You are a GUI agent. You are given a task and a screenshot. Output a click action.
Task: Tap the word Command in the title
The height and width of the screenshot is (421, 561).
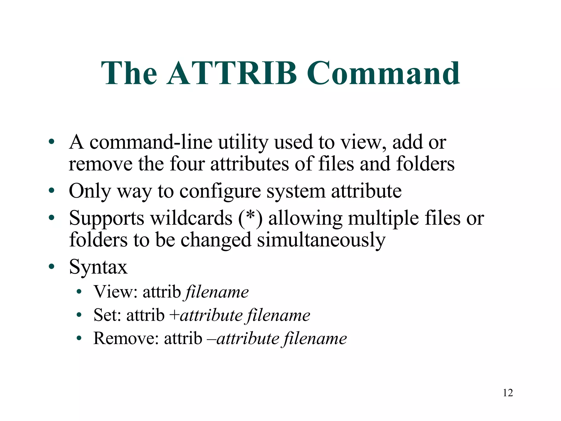click(x=383, y=73)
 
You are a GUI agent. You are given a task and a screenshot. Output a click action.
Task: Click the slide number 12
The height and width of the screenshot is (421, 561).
click(x=508, y=393)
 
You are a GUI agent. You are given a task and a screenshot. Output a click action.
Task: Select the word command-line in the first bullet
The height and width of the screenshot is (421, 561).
click(x=151, y=143)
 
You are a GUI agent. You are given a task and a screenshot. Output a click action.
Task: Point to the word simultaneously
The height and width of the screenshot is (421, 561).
click(x=321, y=240)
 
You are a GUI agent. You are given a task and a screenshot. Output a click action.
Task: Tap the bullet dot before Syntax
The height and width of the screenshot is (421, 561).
click(x=51, y=266)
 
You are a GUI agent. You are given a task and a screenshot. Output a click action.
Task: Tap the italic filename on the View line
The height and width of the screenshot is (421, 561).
click(x=217, y=292)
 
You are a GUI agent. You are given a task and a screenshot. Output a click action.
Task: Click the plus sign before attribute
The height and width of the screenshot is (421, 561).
click(x=174, y=315)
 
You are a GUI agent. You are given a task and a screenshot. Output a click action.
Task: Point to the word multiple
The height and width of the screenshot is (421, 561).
click(x=383, y=218)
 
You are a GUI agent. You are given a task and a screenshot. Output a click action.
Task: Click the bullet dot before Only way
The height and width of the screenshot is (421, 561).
click(x=51, y=190)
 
